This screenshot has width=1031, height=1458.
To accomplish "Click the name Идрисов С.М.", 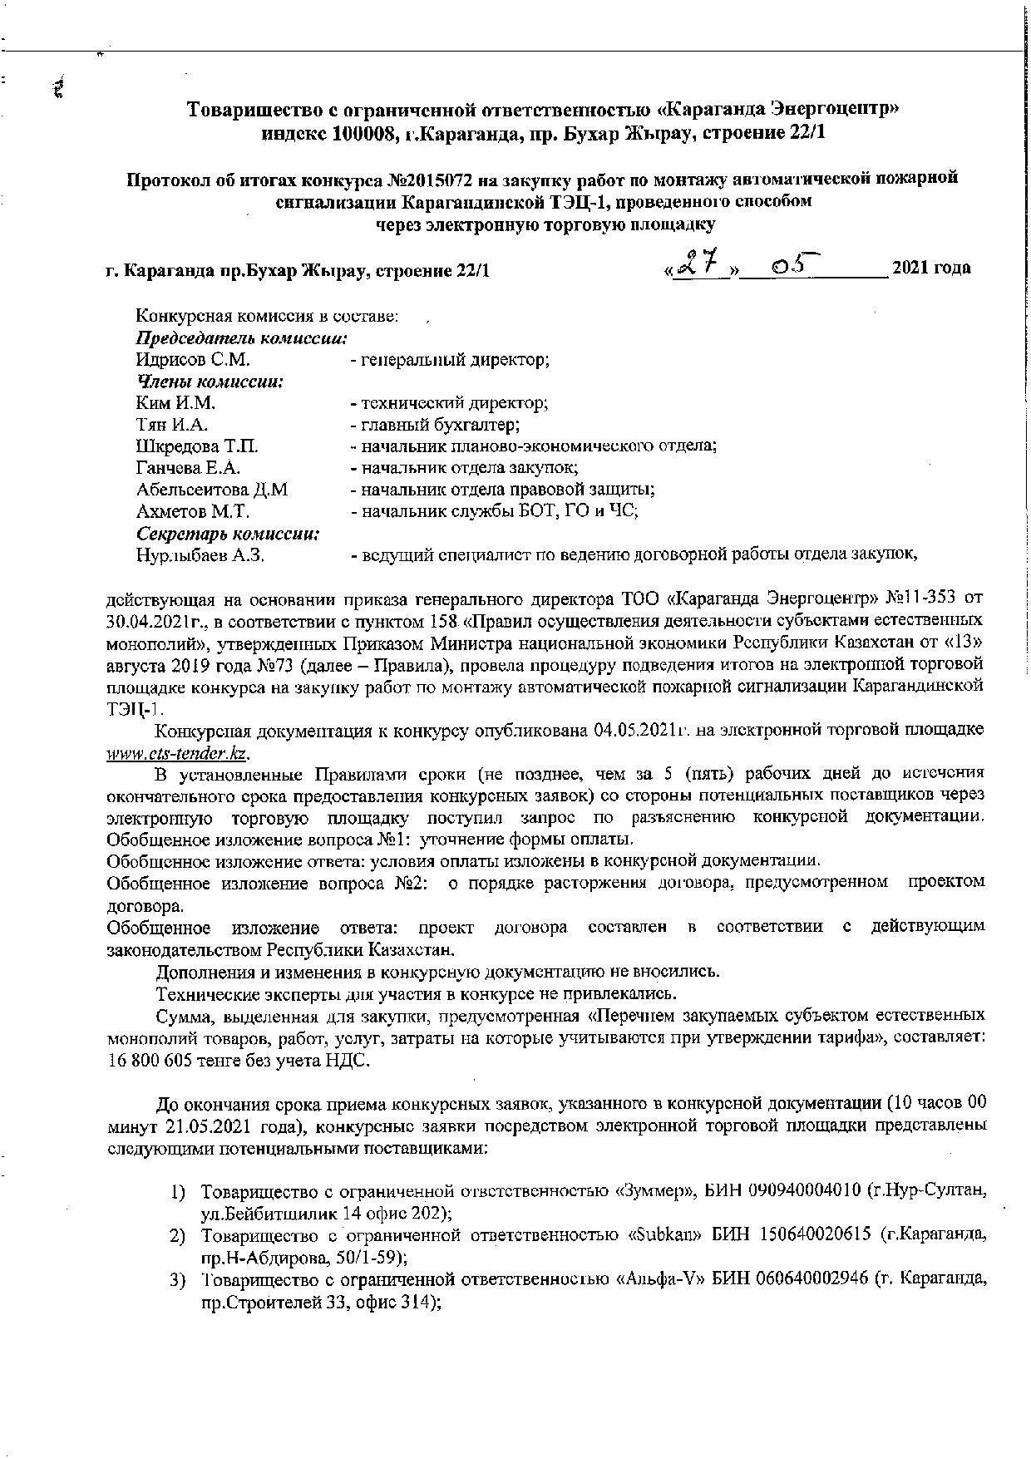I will [193, 360].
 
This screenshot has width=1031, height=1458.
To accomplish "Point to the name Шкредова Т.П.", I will [197, 446].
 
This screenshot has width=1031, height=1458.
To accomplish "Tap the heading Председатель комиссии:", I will [241, 338].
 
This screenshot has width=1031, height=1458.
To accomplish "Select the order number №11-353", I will [912, 599].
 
